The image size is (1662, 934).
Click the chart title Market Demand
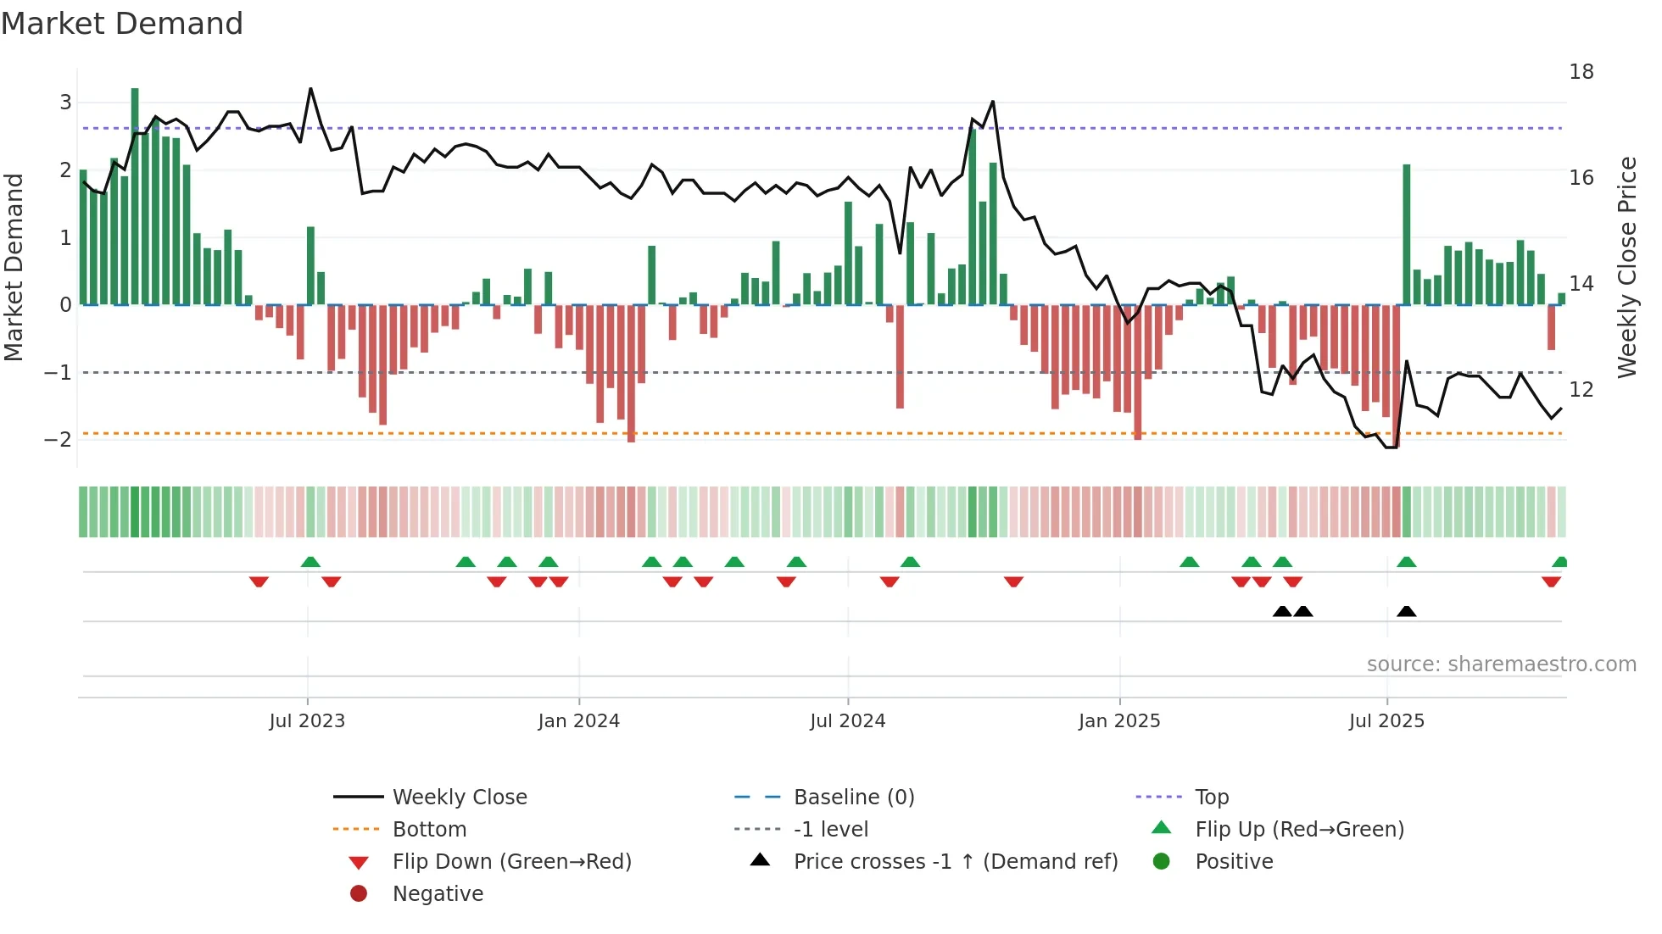pos(122,24)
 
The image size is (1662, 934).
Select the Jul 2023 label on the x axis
pos(307,721)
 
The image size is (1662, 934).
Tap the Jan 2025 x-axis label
pos(1119,721)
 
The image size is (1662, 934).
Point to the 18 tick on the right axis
pos(1581,72)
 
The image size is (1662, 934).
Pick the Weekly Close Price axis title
pos(1626,267)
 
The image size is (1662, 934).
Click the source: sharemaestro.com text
pos(1501,664)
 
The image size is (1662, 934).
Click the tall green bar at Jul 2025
pos(1407,234)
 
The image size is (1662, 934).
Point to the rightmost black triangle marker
pos(1407,612)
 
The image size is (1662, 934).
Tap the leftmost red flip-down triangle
pos(259,581)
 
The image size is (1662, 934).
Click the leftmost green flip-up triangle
pos(310,562)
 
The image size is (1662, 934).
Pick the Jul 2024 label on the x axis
pos(847,721)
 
